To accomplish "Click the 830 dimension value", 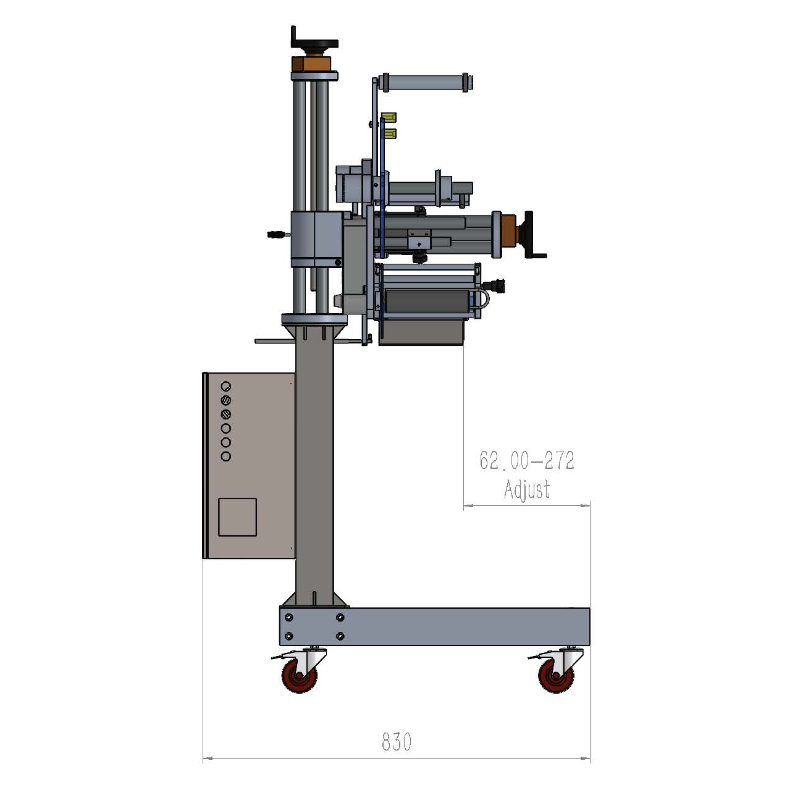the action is point(397,742).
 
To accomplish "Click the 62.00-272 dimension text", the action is point(527,460).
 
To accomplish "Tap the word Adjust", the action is point(527,490).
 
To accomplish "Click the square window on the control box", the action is point(237,518).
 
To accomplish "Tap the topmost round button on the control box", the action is point(225,386).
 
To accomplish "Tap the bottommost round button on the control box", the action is point(225,456).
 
